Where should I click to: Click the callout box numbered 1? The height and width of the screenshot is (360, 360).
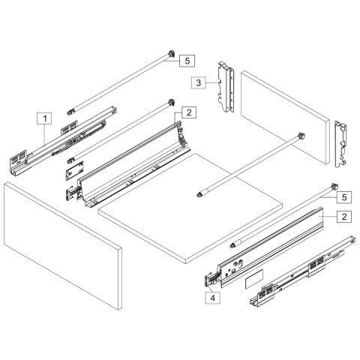[x=45, y=118]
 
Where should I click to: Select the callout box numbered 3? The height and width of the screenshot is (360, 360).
[x=197, y=82]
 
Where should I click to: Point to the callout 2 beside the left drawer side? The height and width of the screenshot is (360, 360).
[x=188, y=112]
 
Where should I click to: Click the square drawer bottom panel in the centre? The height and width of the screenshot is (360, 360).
[x=191, y=206]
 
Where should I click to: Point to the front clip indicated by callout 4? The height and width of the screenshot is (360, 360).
[x=212, y=280]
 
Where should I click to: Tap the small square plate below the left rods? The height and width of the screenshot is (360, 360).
[x=73, y=171]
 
